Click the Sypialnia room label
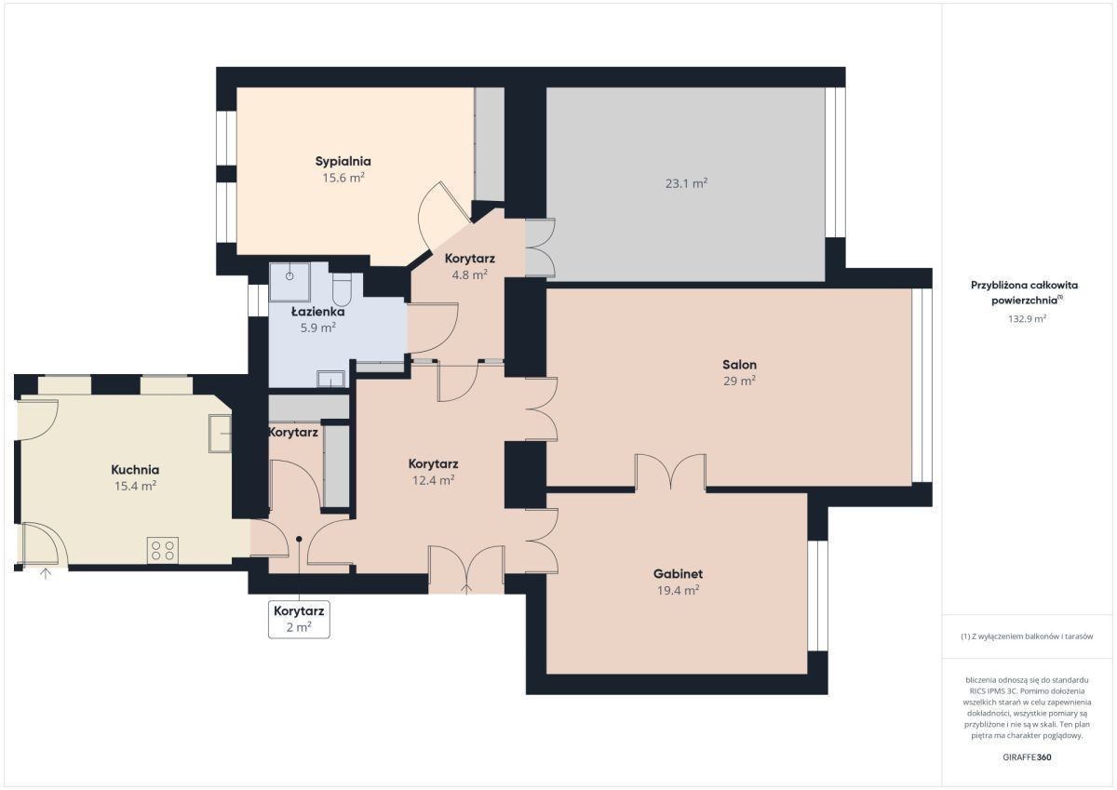[343, 162]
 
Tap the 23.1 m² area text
[687, 183]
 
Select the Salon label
[739, 365]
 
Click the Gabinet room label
[679, 574]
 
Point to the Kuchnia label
[135, 470]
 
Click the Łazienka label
[318, 312]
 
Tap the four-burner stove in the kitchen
[163, 550]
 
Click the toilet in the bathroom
[342, 289]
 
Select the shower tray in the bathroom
[289, 282]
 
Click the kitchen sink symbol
[220, 434]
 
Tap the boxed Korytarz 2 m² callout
[299, 619]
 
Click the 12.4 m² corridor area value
[434, 480]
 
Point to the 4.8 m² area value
[469, 274]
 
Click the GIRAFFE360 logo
[1028, 757]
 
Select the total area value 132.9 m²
[1028, 318]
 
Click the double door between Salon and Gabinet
[670, 472]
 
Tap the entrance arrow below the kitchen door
[46, 574]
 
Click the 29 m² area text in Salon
[739, 381]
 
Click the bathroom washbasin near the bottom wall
[331, 379]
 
